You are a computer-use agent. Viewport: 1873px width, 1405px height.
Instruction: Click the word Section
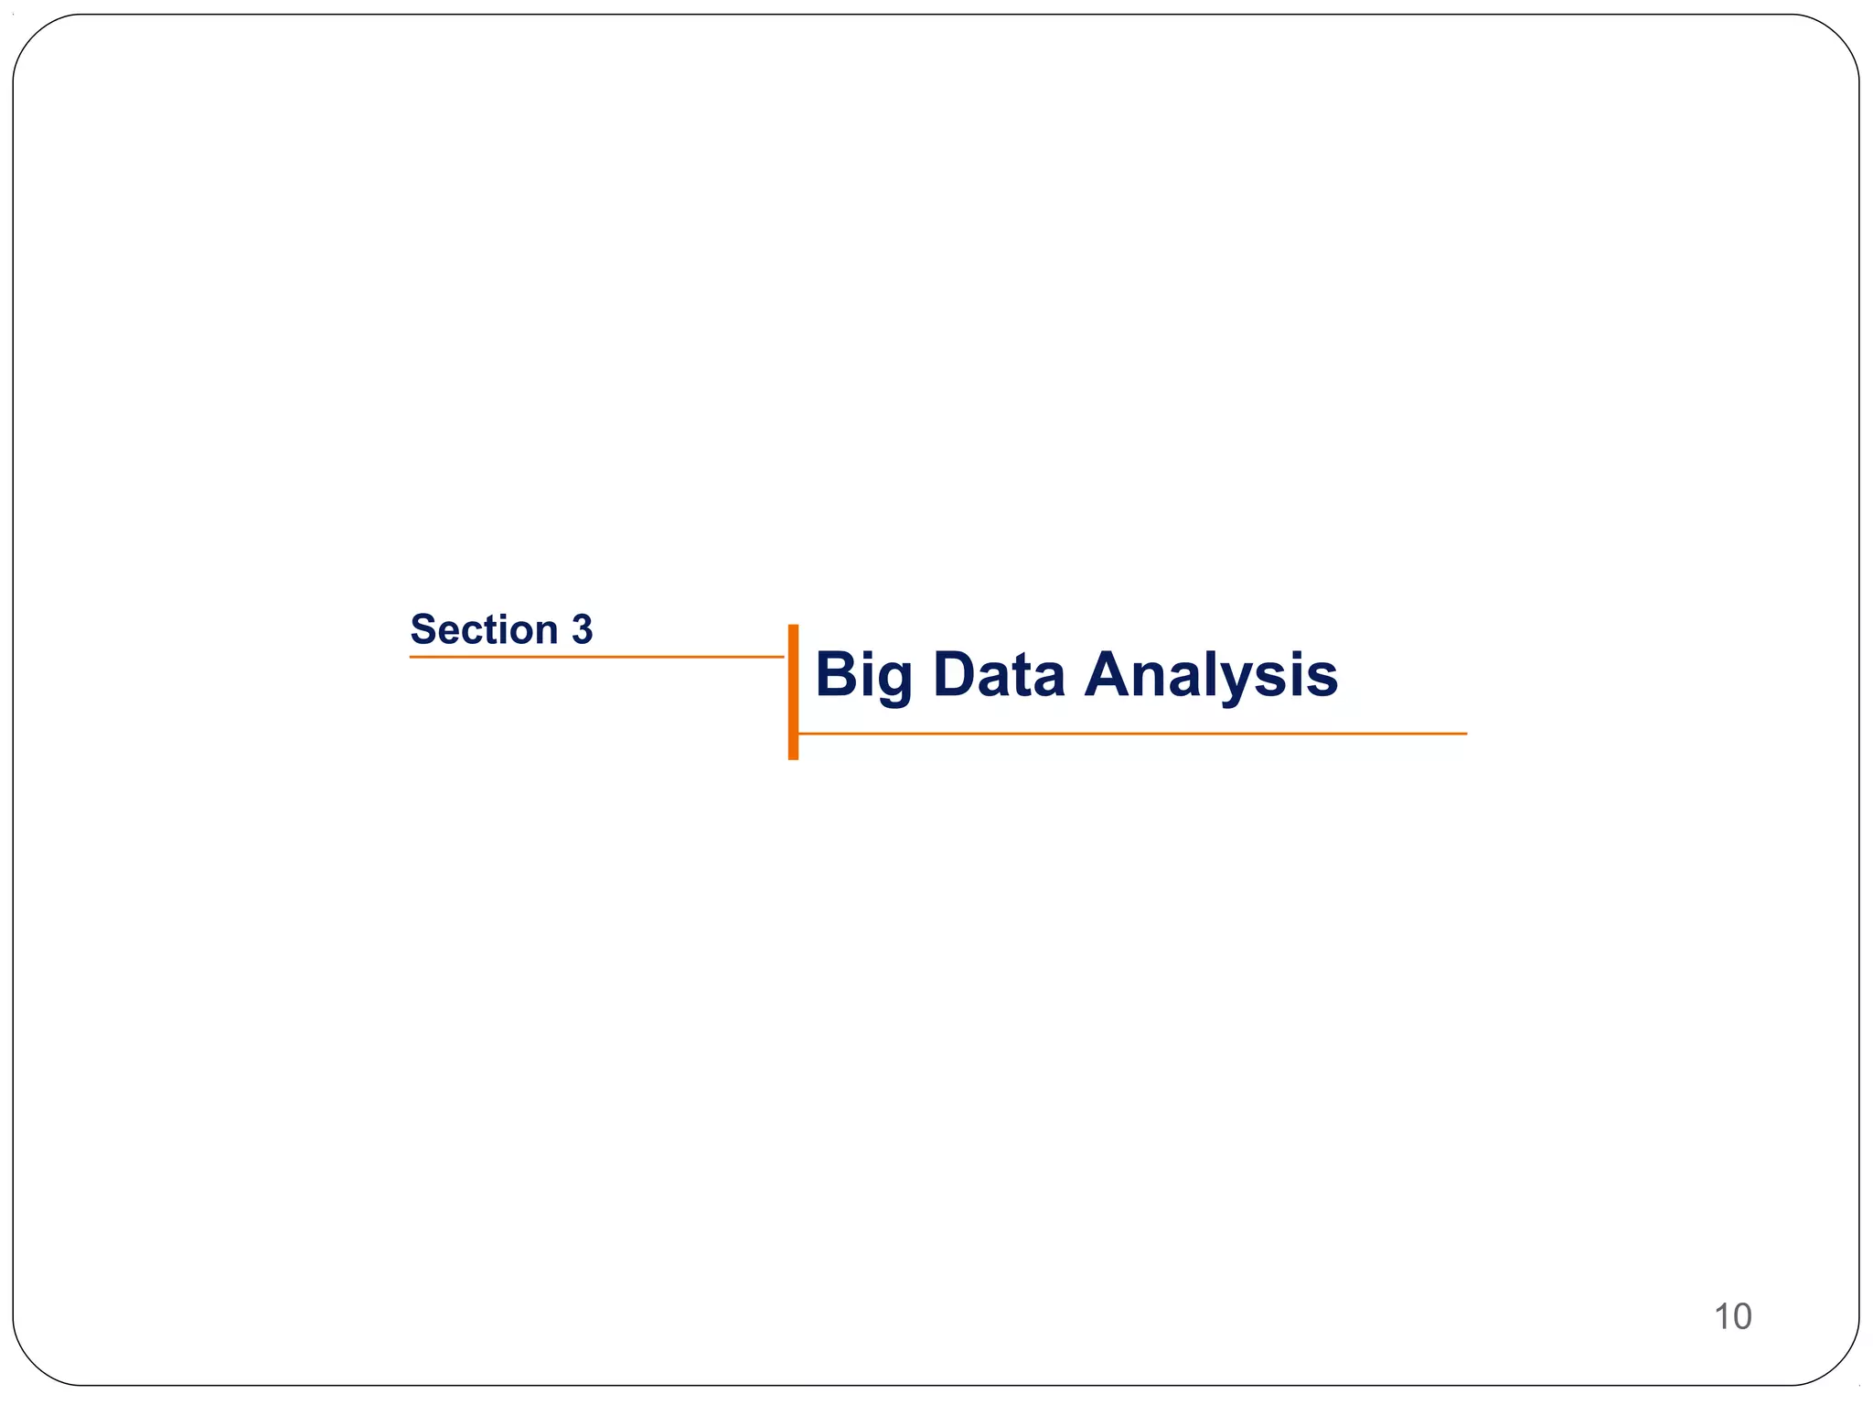click(x=484, y=630)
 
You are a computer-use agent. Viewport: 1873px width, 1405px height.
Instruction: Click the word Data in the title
click(x=999, y=675)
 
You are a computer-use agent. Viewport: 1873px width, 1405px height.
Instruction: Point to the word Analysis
click(x=1211, y=677)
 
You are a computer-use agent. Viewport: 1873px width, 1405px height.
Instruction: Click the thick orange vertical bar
click(x=793, y=692)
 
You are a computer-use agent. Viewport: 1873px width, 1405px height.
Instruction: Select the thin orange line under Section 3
click(x=596, y=657)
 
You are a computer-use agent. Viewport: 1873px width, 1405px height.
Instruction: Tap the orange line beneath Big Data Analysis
click(x=1132, y=734)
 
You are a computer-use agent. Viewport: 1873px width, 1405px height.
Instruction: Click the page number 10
click(x=1732, y=1316)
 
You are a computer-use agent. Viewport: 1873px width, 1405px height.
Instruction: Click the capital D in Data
click(x=957, y=675)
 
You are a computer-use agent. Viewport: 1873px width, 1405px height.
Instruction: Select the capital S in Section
click(x=425, y=630)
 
